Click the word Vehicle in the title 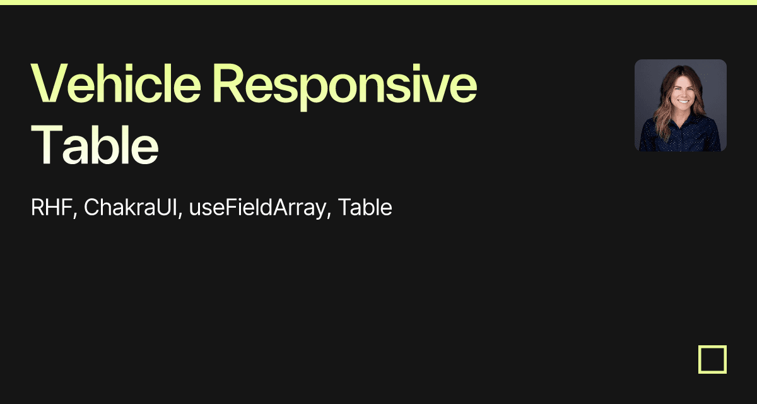tap(115, 83)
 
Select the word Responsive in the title tap(344, 86)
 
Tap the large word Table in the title tap(95, 145)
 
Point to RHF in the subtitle tap(51, 207)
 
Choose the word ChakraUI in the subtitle tap(131, 207)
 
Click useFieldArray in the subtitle tap(257, 208)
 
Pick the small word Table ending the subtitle tap(365, 207)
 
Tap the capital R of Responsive tap(228, 83)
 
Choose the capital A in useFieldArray tap(281, 207)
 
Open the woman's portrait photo tap(681, 105)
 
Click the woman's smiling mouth tap(683, 101)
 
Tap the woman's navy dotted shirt tap(679, 135)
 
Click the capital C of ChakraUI tap(91, 207)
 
